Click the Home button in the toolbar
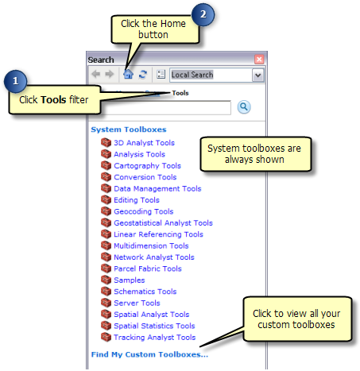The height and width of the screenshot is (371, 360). click(128, 74)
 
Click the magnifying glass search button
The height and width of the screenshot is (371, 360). click(244, 107)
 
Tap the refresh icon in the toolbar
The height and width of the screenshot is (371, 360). click(143, 74)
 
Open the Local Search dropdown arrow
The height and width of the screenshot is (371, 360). click(257, 75)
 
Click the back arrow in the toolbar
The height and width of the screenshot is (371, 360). click(95, 74)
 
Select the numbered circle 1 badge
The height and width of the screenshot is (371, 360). click(15, 81)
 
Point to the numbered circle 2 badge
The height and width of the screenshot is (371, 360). click(203, 14)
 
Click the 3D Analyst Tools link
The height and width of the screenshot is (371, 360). click(144, 143)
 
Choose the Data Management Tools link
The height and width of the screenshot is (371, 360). click(157, 188)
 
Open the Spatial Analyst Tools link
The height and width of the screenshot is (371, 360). click(152, 315)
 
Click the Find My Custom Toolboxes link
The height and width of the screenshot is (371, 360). click(149, 354)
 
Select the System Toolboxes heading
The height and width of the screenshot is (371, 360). click(129, 129)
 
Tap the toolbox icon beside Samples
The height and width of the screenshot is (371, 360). click(106, 280)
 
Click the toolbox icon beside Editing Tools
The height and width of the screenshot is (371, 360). click(106, 199)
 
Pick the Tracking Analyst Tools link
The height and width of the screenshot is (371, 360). click(155, 337)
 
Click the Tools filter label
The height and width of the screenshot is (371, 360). click(180, 93)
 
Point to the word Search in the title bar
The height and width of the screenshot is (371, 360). click(101, 60)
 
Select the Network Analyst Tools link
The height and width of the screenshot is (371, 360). click(154, 257)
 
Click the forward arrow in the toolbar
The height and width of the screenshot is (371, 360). click(110, 74)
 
